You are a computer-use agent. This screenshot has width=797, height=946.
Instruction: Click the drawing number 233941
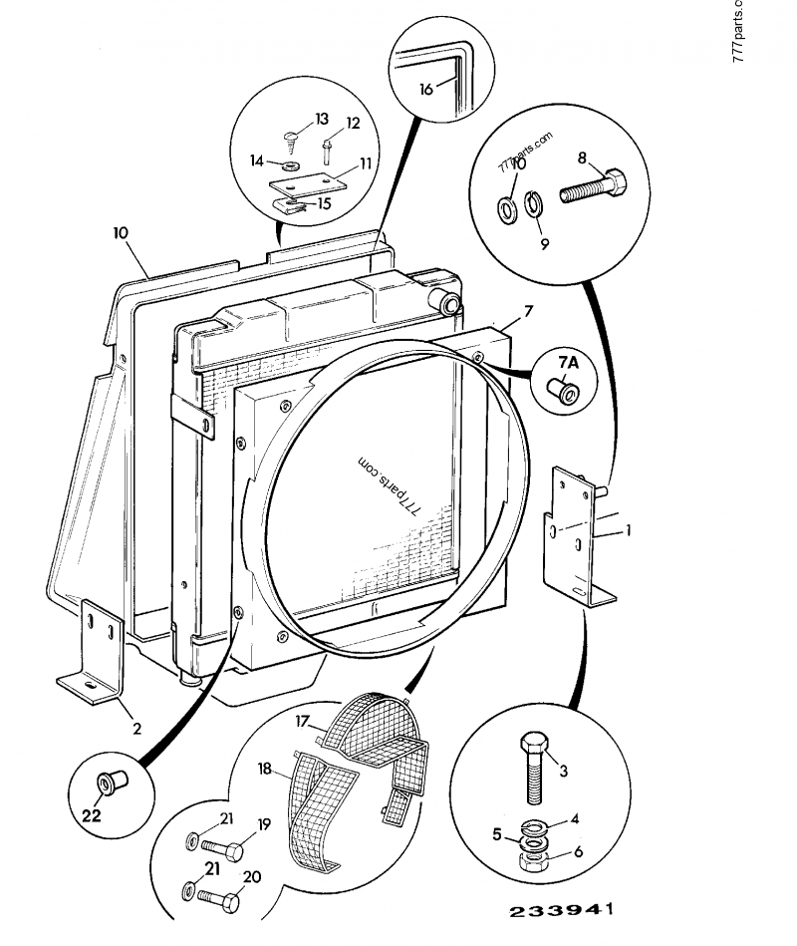point(561,911)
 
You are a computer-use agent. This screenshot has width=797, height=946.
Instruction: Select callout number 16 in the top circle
point(425,89)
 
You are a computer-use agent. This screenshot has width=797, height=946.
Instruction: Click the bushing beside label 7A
point(563,392)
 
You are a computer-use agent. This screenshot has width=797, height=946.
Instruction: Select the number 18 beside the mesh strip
point(265,770)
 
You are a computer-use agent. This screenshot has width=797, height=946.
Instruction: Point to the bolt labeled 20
point(220,901)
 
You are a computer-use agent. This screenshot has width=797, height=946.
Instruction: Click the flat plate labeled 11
point(312,183)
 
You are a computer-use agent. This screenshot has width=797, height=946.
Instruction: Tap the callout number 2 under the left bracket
point(137,728)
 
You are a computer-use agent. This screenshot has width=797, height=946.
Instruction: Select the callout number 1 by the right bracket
point(628,532)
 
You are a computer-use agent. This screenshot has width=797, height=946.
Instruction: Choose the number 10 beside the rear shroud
point(121,233)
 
